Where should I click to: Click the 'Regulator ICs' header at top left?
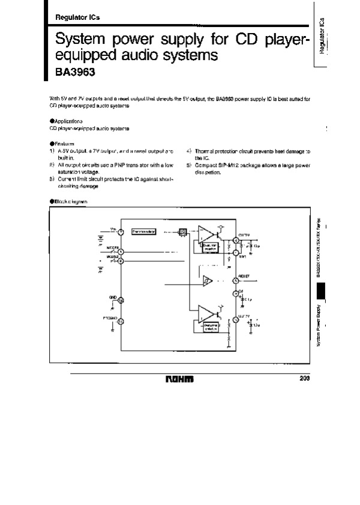(x=77, y=17)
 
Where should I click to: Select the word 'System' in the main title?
(x=79, y=41)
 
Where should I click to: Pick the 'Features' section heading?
(x=62, y=144)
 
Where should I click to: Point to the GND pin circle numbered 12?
(x=121, y=300)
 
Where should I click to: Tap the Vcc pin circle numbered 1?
(x=121, y=232)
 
